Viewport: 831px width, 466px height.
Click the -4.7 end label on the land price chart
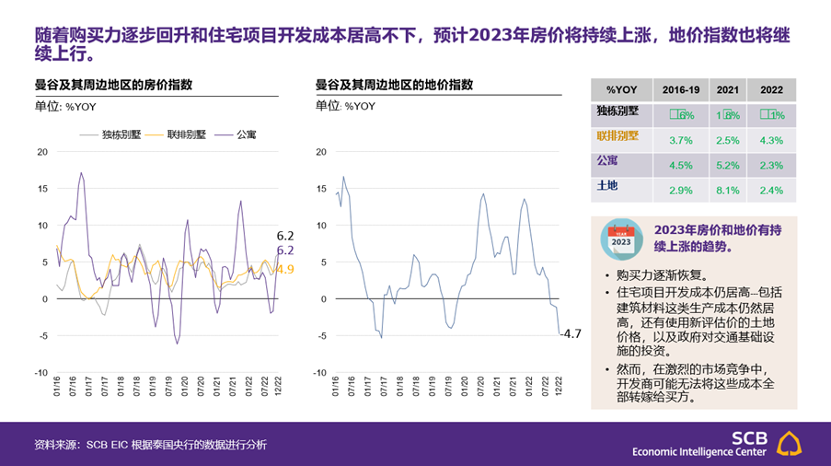click(x=571, y=333)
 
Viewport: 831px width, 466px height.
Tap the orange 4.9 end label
click(x=285, y=269)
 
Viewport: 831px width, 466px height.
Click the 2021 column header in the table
click(x=727, y=89)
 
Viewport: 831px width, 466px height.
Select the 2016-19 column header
click(x=681, y=89)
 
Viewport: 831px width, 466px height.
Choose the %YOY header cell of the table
click(x=622, y=89)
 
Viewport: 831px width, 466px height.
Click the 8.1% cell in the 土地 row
click(x=727, y=191)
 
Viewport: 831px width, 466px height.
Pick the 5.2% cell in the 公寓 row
click(x=727, y=166)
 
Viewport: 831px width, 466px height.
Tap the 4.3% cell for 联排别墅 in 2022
click(x=771, y=140)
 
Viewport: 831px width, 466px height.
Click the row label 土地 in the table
click(x=607, y=186)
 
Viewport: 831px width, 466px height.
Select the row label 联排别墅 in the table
click(x=618, y=135)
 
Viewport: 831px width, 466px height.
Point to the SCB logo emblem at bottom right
click(x=790, y=443)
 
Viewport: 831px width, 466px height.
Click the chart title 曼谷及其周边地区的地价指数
click(x=394, y=85)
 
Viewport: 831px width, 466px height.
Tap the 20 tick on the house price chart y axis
click(x=41, y=151)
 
